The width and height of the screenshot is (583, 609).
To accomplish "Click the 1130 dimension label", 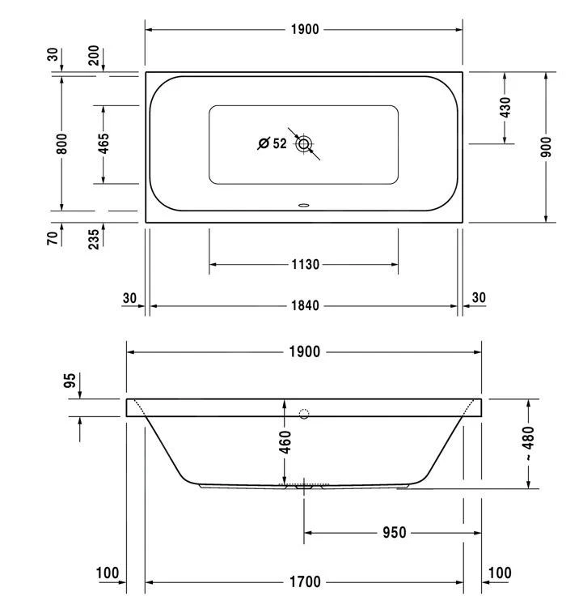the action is click(306, 265).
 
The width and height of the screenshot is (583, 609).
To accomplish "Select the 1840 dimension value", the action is click(306, 305).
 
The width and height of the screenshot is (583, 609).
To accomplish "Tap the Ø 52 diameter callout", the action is click(272, 143).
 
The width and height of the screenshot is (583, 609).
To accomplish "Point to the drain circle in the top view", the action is click(304, 144).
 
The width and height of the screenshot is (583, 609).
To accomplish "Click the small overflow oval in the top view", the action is click(304, 205).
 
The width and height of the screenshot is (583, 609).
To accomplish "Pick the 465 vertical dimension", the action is click(104, 143).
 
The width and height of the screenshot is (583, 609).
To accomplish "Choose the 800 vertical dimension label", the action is click(61, 143).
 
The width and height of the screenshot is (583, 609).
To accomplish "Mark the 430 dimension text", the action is click(505, 108).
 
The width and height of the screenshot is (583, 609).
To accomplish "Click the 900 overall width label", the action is click(546, 147).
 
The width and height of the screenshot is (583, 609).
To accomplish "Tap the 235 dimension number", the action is click(94, 239).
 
